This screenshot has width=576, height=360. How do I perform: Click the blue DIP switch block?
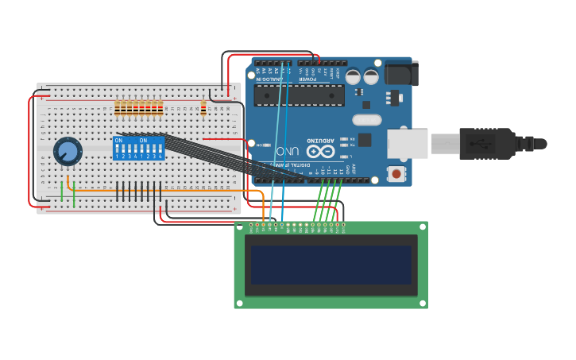(x=139, y=149)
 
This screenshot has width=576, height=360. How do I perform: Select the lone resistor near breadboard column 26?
(x=203, y=108)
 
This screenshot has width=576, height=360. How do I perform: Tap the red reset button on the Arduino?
(x=395, y=173)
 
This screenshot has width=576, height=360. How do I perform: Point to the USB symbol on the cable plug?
(x=474, y=144)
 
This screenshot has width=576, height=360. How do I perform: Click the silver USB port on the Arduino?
(x=408, y=144)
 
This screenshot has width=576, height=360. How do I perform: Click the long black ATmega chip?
(x=299, y=95)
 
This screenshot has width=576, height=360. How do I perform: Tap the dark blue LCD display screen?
(x=331, y=265)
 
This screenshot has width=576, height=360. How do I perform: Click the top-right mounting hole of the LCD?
(x=422, y=226)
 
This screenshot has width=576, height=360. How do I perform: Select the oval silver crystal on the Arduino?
(x=366, y=120)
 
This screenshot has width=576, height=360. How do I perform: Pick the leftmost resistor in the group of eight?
(x=118, y=108)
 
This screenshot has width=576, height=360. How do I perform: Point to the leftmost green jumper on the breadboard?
(x=61, y=191)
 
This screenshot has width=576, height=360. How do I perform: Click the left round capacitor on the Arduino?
(x=352, y=77)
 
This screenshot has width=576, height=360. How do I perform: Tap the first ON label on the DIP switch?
(x=119, y=141)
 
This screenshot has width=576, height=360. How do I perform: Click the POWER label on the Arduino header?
(x=306, y=79)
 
